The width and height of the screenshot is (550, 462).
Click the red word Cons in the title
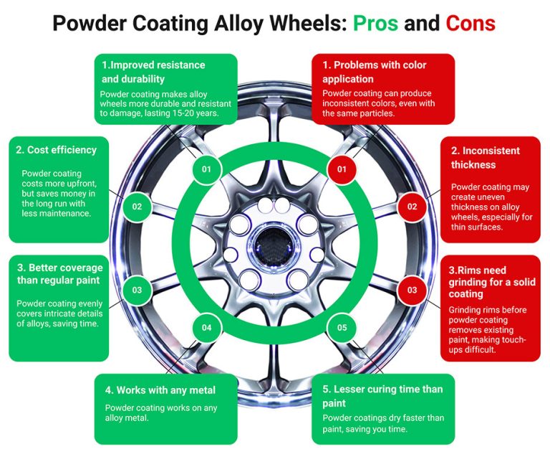(x=470, y=23)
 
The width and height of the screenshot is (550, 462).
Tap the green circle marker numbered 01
(x=206, y=169)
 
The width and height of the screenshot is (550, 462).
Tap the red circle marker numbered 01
(x=342, y=169)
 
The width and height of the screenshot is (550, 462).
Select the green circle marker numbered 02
(x=136, y=207)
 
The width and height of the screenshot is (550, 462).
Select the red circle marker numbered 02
(x=412, y=207)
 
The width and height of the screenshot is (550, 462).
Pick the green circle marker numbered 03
(x=136, y=290)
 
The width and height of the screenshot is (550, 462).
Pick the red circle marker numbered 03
(x=412, y=290)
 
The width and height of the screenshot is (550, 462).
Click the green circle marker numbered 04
(x=206, y=328)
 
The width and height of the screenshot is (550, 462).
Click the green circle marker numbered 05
(x=342, y=328)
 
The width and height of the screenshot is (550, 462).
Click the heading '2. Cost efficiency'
(x=56, y=151)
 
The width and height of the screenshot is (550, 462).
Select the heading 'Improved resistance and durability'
(x=153, y=72)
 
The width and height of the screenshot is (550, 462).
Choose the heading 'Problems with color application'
(x=374, y=72)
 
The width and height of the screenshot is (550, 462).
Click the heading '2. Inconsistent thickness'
(x=485, y=158)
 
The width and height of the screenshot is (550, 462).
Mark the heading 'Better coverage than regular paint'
(x=59, y=274)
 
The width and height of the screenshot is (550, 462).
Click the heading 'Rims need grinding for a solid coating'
(x=479, y=282)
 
